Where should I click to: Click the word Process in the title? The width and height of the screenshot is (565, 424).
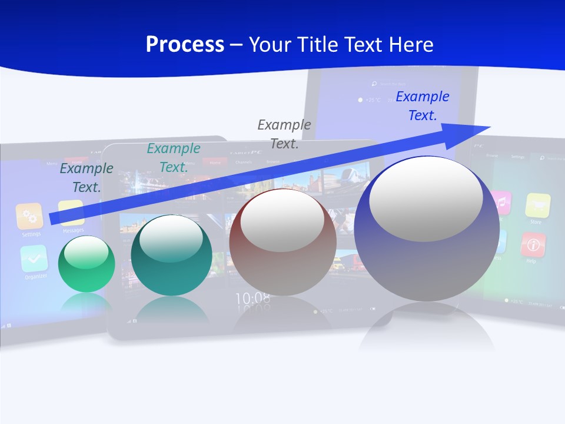(x=185, y=45)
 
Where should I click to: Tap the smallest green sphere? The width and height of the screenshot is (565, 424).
(x=87, y=264)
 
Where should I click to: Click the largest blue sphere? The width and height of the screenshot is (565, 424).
(x=427, y=230)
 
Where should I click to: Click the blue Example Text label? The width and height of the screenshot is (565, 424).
(x=422, y=106)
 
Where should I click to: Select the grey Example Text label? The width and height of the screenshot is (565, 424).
(x=284, y=134)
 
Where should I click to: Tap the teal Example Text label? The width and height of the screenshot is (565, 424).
(x=174, y=158)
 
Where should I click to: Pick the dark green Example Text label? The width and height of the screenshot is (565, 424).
(x=87, y=178)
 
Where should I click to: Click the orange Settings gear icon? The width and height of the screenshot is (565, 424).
(x=29, y=216)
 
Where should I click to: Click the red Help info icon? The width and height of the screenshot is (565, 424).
(x=533, y=244)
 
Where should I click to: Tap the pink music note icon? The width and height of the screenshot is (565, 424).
(x=501, y=203)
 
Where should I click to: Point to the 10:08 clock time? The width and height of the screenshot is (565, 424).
(x=253, y=299)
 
